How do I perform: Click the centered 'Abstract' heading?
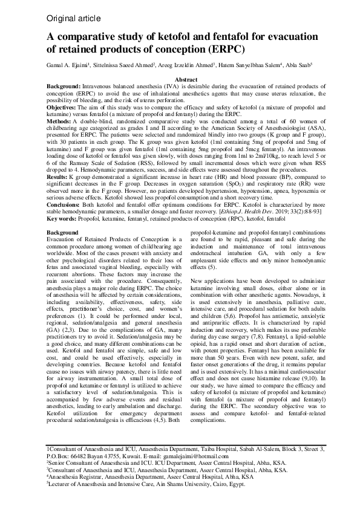click(185, 80)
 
